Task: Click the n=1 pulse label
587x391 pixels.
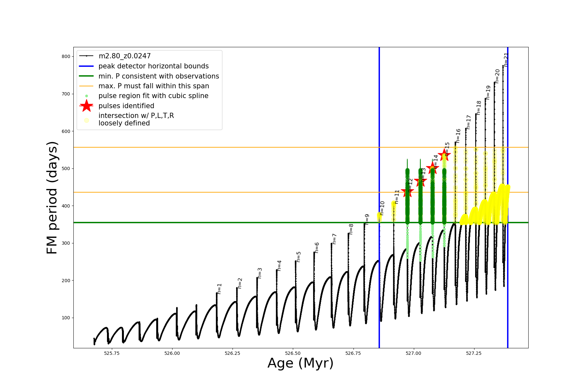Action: click(x=219, y=289)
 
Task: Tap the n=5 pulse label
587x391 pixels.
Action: click(x=298, y=257)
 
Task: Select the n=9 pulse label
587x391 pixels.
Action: click(x=367, y=219)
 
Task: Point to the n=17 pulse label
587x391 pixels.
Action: click(x=469, y=122)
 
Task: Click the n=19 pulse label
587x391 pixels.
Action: click(x=488, y=93)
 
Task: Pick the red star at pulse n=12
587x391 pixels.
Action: click(x=407, y=192)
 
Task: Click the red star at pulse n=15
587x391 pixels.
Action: click(x=444, y=155)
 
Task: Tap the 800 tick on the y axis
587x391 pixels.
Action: click(x=66, y=56)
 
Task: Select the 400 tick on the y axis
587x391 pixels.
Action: click(x=66, y=206)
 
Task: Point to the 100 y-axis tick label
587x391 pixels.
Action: click(x=66, y=318)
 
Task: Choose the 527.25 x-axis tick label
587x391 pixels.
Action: click(x=474, y=353)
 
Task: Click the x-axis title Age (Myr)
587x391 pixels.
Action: click(x=300, y=363)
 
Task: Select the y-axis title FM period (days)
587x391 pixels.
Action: click(x=52, y=197)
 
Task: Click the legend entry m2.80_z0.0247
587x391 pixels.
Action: click(x=125, y=56)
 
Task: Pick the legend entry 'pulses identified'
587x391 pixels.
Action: click(x=126, y=106)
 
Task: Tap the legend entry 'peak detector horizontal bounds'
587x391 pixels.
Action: click(x=154, y=66)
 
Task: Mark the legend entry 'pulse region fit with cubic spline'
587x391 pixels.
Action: click(x=153, y=96)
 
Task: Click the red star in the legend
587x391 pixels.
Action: click(x=86, y=106)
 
